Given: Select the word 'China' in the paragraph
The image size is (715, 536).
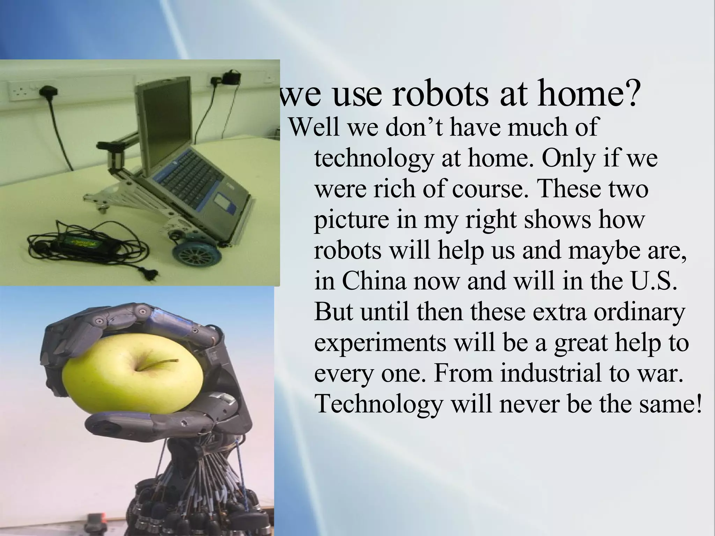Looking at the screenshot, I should (374, 281).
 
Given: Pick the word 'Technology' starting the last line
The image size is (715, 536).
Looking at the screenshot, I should (378, 404).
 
